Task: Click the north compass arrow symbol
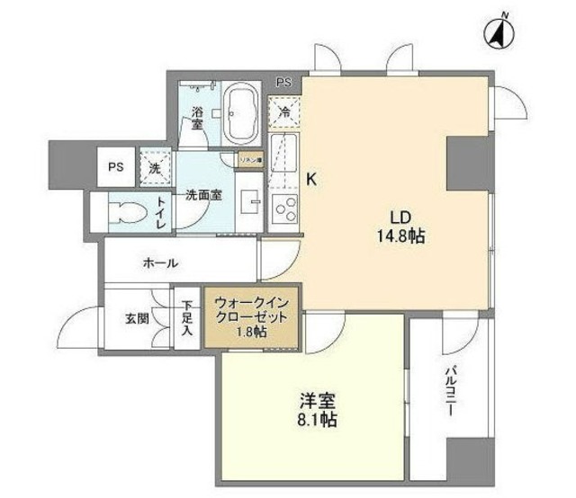tap(499, 32)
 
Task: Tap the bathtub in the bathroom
tap(240, 113)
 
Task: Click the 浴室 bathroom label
tap(197, 119)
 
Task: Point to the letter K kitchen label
tap(312, 179)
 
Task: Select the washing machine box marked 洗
tap(154, 167)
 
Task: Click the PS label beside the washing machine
tap(116, 166)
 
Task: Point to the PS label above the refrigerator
tap(284, 83)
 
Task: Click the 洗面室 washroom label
tap(203, 193)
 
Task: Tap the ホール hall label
tap(160, 263)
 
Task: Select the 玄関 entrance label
tap(137, 316)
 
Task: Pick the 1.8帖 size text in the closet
tap(252, 332)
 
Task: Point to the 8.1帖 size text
tap(319, 419)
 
